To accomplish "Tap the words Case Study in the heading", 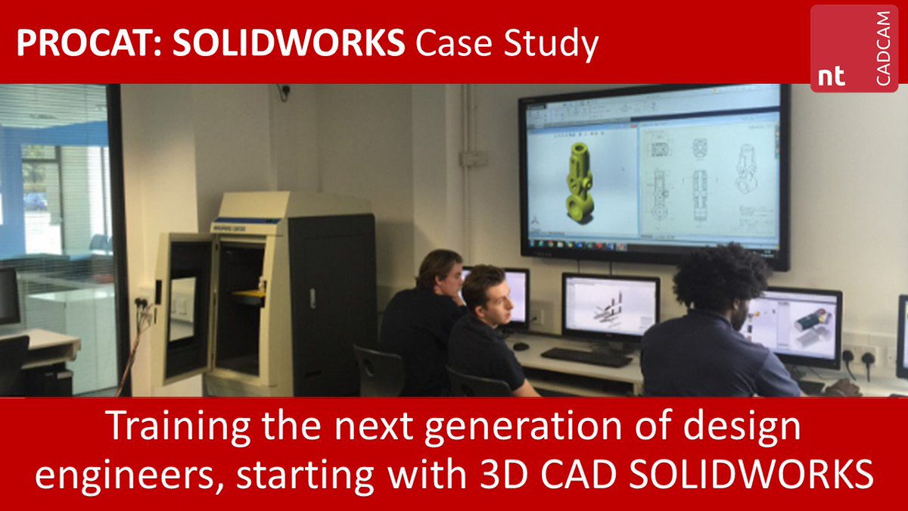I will pyautogui.click(x=506, y=44).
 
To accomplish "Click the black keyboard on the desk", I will pyautogui.click(x=586, y=356).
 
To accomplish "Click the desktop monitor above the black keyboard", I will pyautogui.click(x=610, y=307).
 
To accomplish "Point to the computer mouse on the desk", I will pyautogui.click(x=518, y=346).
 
